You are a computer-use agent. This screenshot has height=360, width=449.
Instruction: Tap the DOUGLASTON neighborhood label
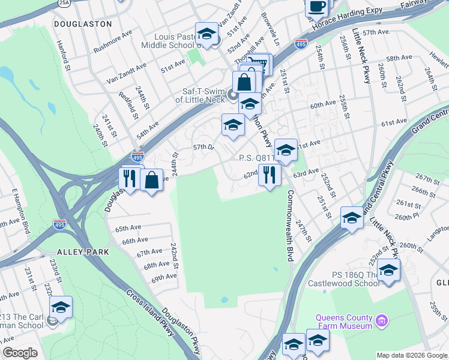[x=83, y=24]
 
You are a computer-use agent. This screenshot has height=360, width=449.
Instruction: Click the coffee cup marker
[x=316, y=7]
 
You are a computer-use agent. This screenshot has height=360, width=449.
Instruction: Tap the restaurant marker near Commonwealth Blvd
[x=269, y=175]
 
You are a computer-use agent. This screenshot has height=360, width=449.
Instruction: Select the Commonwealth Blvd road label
[x=290, y=226]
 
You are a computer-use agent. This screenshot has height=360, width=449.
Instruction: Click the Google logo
[x=20, y=353]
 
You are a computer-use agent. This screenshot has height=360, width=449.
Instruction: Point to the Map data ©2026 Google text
[x=411, y=355]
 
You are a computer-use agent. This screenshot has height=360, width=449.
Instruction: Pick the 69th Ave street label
[x=164, y=278]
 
